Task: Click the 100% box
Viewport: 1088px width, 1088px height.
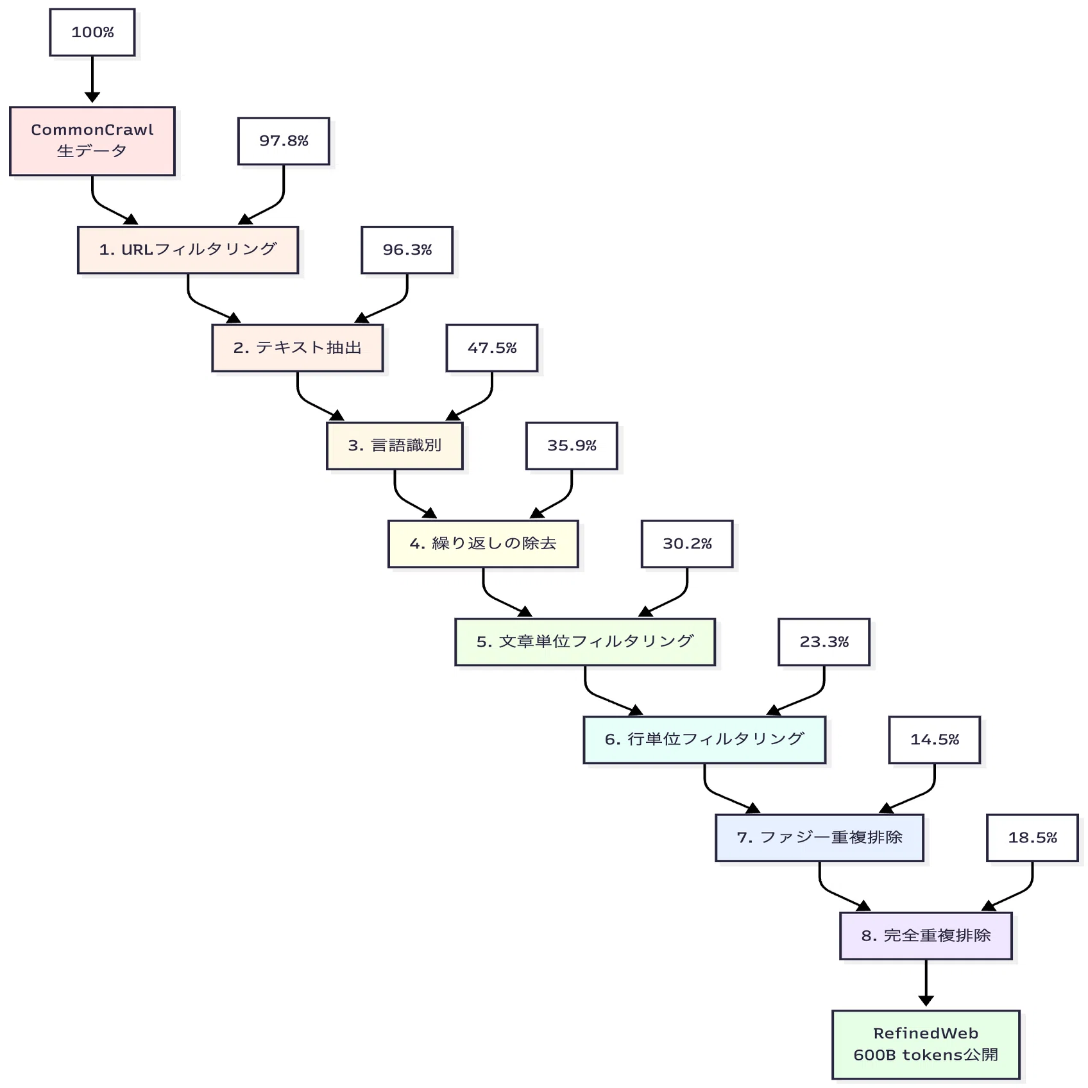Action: [92, 32]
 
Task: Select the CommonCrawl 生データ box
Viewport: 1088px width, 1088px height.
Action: [92, 141]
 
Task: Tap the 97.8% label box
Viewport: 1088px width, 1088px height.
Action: [284, 141]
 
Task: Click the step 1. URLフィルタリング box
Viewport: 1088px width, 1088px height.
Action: [188, 250]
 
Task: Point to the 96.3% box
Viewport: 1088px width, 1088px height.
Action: [407, 250]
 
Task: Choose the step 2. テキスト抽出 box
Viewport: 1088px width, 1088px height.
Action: [298, 348]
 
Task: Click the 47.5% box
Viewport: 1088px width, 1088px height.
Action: [492, 348]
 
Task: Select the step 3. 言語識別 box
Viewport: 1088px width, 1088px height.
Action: [395, 446]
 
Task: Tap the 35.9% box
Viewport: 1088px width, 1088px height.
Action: [572, 446]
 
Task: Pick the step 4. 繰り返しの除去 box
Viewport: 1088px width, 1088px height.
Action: [483, 544]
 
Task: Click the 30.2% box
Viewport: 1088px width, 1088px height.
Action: [687, 544]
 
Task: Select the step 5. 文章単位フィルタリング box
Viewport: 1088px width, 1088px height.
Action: [585, 642]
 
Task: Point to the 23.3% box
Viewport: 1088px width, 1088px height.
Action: [824, 642]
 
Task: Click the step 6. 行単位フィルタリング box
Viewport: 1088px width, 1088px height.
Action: [704, 740]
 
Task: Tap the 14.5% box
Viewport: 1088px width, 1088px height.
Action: [935, 740]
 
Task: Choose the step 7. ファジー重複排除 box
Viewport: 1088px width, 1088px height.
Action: [820, 838]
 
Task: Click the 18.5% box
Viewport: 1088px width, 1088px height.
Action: [1032, 838]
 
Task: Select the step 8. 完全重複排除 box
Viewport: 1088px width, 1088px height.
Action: [926, 936]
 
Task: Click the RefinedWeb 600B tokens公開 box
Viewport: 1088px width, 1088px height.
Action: [926, 1044]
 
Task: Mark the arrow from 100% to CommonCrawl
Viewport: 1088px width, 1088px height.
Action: [92, 79]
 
